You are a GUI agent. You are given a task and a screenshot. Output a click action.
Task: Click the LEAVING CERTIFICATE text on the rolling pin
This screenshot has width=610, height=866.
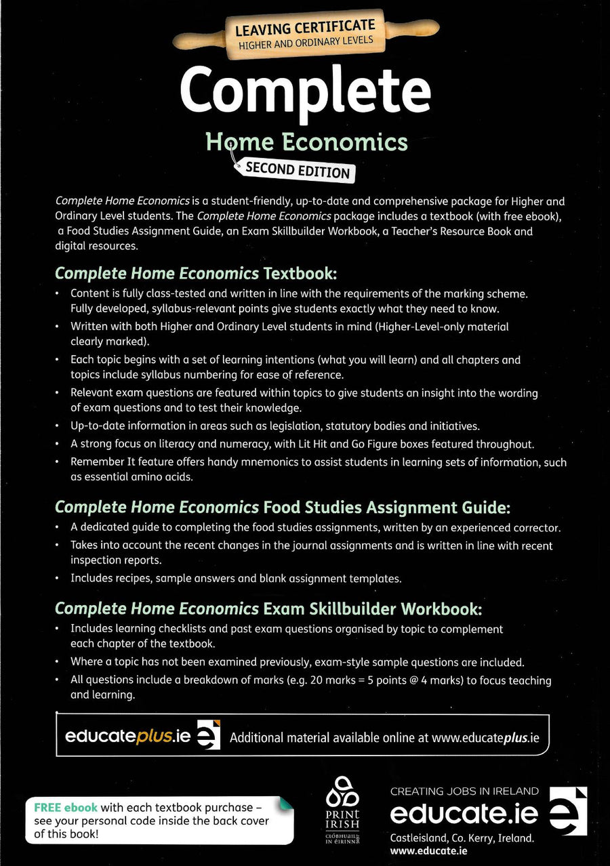304,30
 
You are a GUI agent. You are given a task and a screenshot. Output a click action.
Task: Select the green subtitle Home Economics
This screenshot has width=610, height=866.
306,142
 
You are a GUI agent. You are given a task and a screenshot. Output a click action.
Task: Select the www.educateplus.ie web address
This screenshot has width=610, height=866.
485,738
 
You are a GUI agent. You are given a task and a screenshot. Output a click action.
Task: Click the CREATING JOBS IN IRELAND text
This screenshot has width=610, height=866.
464,791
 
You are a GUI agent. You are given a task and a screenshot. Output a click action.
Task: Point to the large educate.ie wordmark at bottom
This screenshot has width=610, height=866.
464,814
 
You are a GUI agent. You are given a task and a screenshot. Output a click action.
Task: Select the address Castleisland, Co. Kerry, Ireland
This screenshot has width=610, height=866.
462,838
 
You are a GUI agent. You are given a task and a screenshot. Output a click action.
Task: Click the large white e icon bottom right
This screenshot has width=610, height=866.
567,811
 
